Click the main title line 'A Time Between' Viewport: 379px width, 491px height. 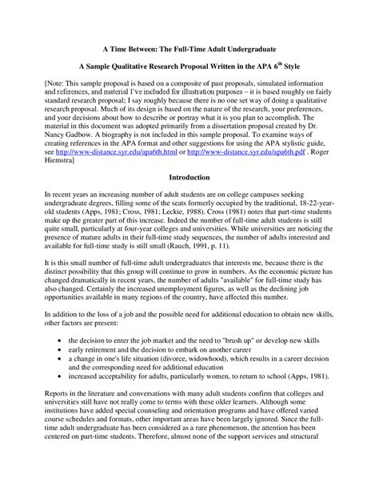pos(189,49)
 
